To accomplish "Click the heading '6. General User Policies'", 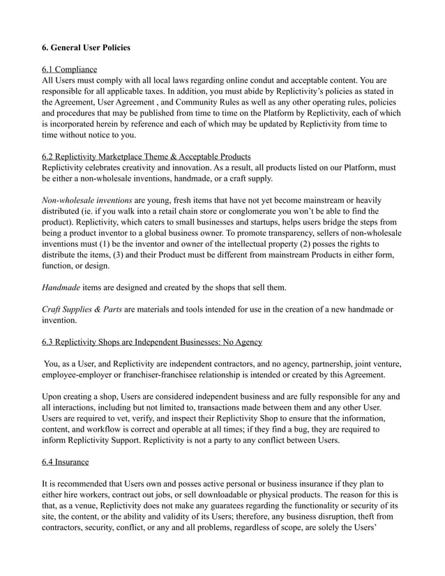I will [x=86, y=48].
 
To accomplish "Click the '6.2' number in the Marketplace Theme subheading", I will [x=50, y=156].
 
